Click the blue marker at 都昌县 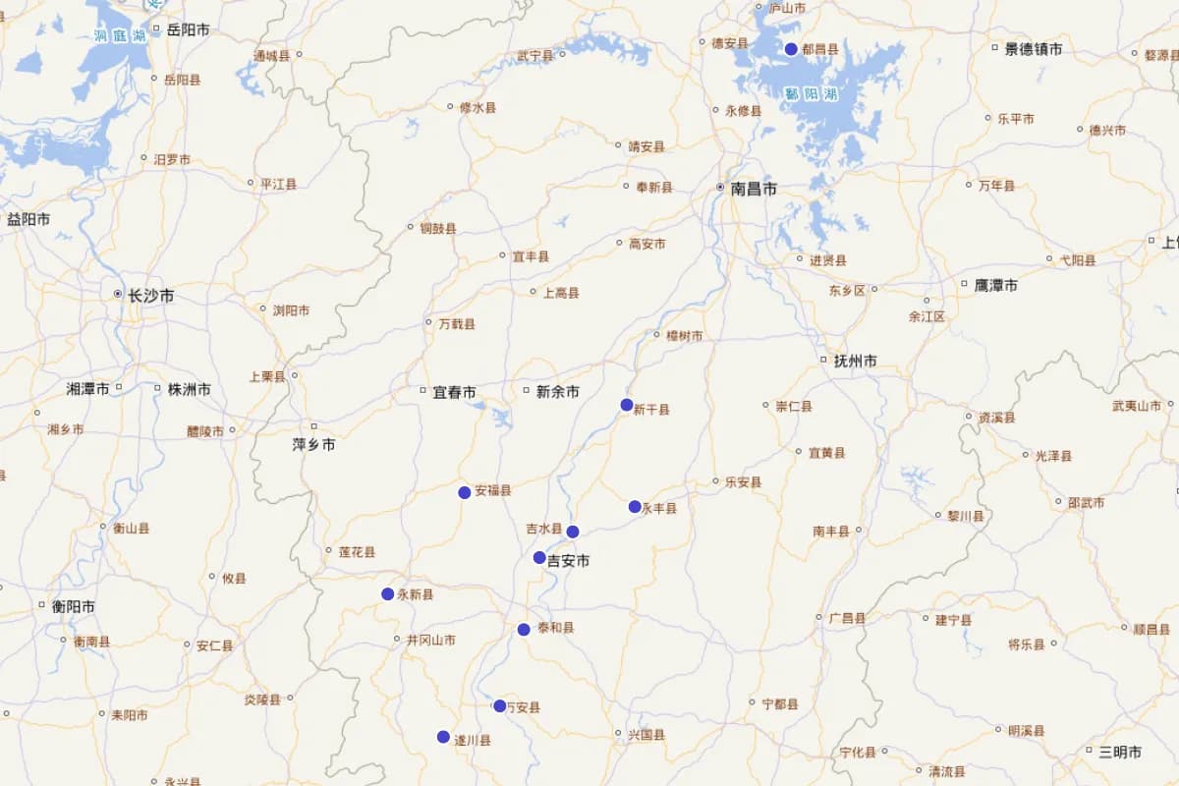click(x=791, y=49)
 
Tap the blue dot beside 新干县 click(x=627, y=405)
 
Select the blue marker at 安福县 click(x=465, y=492)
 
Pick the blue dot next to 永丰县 click(x=635, y=507)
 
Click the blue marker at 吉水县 click(x=573, y=532)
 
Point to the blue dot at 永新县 click(x=388, y=594)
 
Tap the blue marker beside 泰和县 click(x=524, y=630)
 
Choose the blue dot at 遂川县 click(x=443, y=737)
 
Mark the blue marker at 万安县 click(x=499, y=705)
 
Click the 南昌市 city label click(x=754, y=189)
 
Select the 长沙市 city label click(x=150, y=295)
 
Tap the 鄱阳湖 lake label click(x=811, y=94)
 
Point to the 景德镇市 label click(x=1033, y=48)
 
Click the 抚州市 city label click(x=855, y=361)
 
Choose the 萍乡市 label click(x=313, y=444)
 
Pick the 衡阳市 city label click(x=74, y=606)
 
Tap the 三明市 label click(x=1120, y=752)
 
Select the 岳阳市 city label click(x=188, y=29)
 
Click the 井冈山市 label click(x=431, y=640)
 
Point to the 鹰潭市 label click(x=995, y=286)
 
